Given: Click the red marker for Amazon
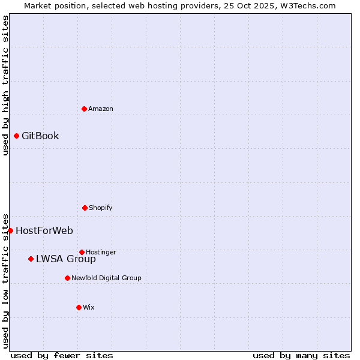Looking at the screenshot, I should coord(84,109).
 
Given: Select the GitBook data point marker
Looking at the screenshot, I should coord(16,136).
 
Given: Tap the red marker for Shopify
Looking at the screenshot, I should coord(85,208).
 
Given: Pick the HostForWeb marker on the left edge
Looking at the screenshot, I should coord(10,230).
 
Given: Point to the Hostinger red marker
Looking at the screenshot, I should coord(82,252).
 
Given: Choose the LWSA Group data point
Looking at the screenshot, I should coord(31,259).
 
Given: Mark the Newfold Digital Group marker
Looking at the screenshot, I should coord(67,278).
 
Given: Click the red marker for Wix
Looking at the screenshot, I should coord(79,307).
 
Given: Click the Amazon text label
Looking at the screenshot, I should coord(101,109).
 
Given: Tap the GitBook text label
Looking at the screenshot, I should coord(40,136).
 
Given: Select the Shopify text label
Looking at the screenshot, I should coord(101,208).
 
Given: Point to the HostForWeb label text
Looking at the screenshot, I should coord(44,230).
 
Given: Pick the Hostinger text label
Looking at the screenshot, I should coord(101,252).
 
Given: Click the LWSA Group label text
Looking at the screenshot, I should coord(66,259).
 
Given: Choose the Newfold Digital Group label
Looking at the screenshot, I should coord(106,278).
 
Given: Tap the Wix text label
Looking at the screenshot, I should coord(89,307).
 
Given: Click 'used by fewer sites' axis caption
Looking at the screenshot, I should coord(62,355).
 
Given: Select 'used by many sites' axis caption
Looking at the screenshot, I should coord(301,355).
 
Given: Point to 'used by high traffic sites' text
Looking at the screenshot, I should coord(5,85).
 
